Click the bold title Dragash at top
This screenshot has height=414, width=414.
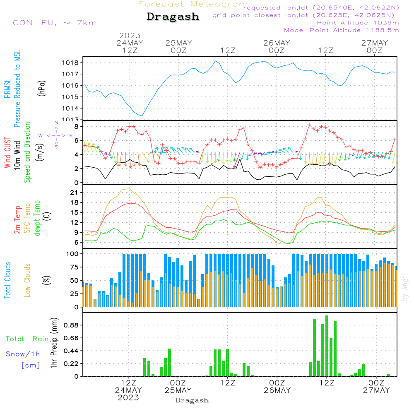coord(173,17)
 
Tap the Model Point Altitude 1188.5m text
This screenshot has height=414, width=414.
coord(341,30)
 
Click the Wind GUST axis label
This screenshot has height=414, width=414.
coord(8,154)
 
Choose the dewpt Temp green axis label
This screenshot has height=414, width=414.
coord(37,218)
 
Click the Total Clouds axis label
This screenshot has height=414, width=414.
coord(8,280)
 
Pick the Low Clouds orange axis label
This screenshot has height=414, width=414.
coord(28,280)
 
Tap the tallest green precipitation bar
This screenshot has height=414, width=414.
coord(327,346)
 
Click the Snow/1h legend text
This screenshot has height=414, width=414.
coord(23,354)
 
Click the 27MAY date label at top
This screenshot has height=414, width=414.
coord(375,43)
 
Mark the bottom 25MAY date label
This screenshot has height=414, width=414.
coord(178,390)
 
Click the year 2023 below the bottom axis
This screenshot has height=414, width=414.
coord(128,397)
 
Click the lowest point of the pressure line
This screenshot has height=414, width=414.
coord(142,116)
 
